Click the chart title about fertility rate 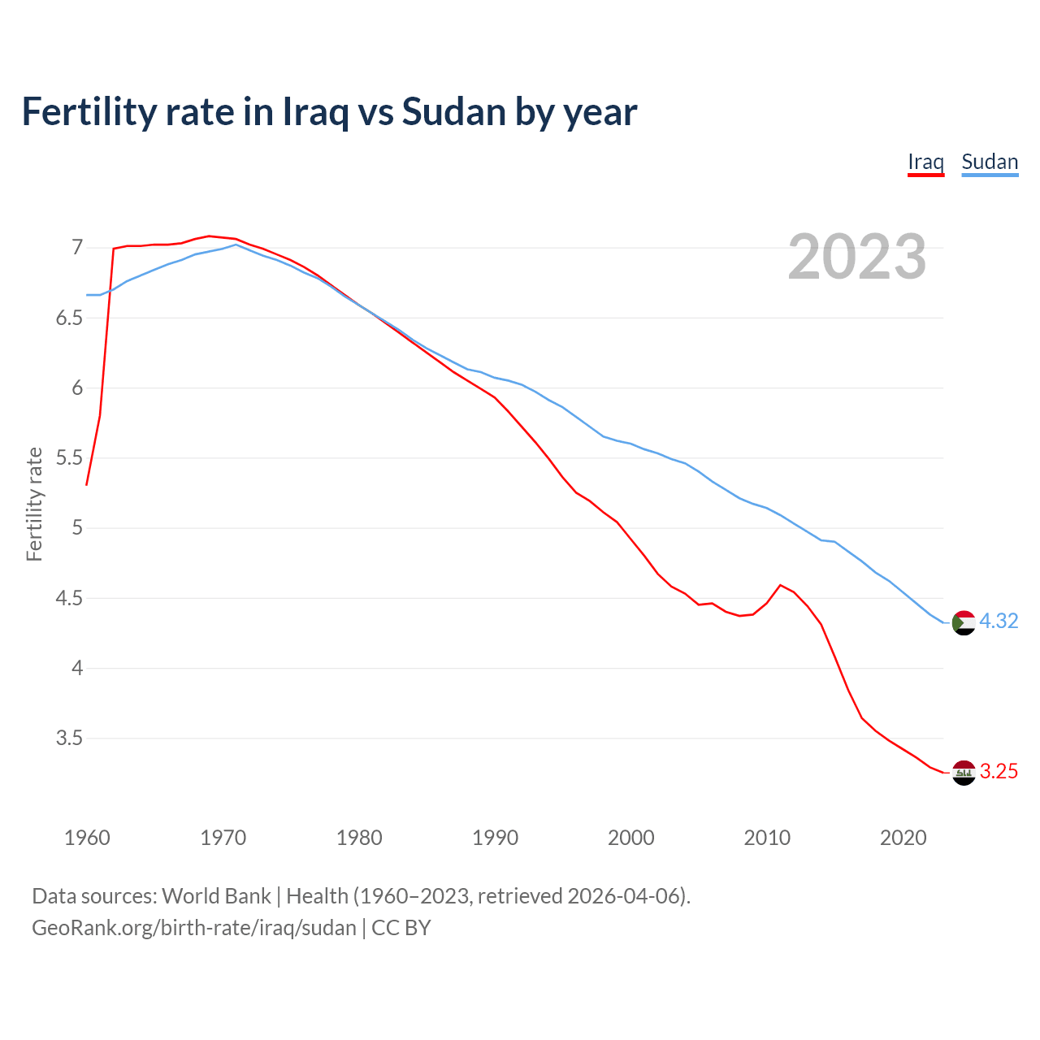coord(329,112)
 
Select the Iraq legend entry coord(925,162)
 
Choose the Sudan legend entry coord(990,162)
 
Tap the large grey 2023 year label coord(857,257)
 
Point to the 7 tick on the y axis coord(77,247)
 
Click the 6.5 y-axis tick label coord(69,318)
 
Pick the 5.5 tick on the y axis coord(69,458)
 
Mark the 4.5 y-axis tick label coord(69,599)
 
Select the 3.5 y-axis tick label coord(69,739)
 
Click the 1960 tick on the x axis coord(87,838)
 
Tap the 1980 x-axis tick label coord(359,838)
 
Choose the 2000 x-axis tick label coord(630,838)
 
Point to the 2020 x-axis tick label coord(903,838)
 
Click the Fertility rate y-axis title coord(34,504)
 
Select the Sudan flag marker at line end coord(964,622)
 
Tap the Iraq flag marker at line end coord(964,773)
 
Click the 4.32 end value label coord(999,622)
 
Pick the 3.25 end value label coord(999,772)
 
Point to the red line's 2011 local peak coord(780,585)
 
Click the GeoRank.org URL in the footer coord(193,928)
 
